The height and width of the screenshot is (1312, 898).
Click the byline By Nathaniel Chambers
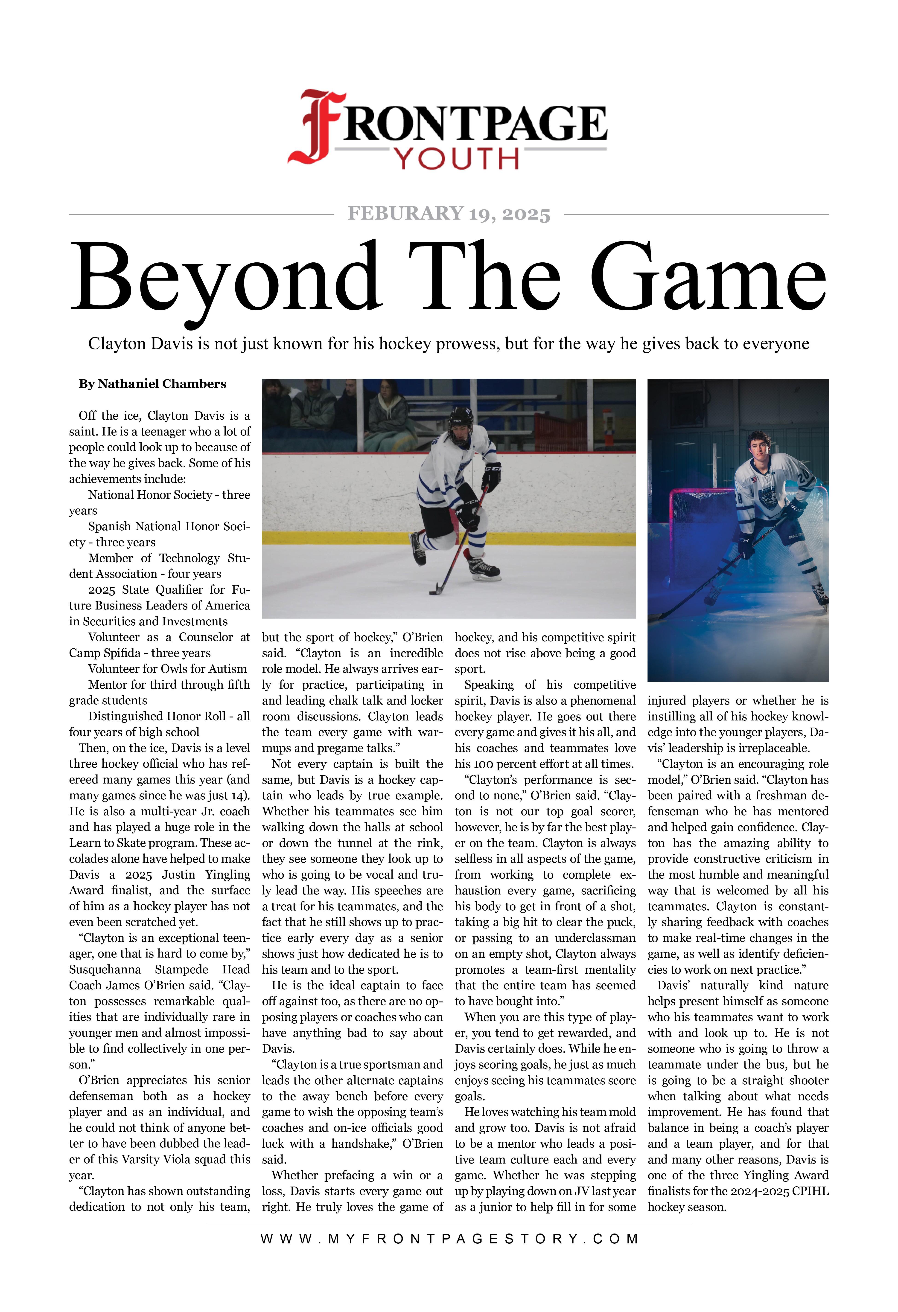152,384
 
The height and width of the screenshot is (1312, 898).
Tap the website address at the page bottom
449,1239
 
